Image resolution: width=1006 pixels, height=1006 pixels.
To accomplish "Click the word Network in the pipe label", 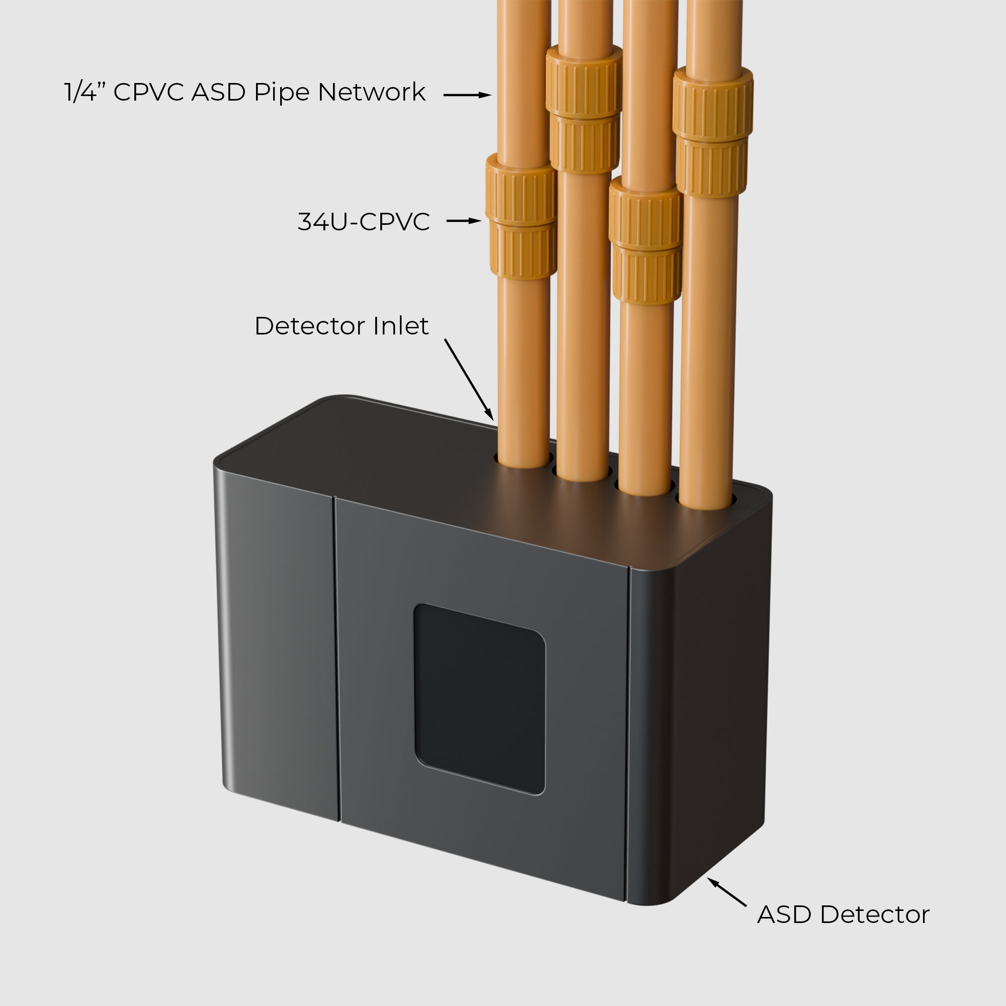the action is (x=371, y=92).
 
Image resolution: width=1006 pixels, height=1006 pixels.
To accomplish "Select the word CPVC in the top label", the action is (x=148, y=92).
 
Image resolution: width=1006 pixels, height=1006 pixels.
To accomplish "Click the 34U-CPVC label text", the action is (x=364, y=221).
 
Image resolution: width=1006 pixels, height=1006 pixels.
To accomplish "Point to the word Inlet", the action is (x=401, y=326).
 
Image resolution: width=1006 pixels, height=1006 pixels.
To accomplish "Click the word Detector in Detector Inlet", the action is (x=310, y=326).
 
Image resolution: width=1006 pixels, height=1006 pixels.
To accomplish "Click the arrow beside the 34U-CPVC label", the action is (x=464, y=221).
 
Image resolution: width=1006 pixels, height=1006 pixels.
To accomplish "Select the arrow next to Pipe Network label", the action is (x=467, y=95).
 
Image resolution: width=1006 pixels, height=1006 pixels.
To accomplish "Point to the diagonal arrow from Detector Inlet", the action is (x=469, y=380).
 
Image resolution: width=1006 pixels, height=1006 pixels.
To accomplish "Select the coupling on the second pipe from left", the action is (x=584, y=109).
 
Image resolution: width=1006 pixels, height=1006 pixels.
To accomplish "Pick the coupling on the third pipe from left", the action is (x=646, y=240).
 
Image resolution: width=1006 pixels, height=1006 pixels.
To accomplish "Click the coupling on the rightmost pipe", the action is (x=713, y=132).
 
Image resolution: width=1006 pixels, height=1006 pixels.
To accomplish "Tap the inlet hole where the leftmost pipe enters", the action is (x=523, y=460).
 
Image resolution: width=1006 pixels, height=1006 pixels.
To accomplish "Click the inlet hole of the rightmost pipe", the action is (x=706, y=501).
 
